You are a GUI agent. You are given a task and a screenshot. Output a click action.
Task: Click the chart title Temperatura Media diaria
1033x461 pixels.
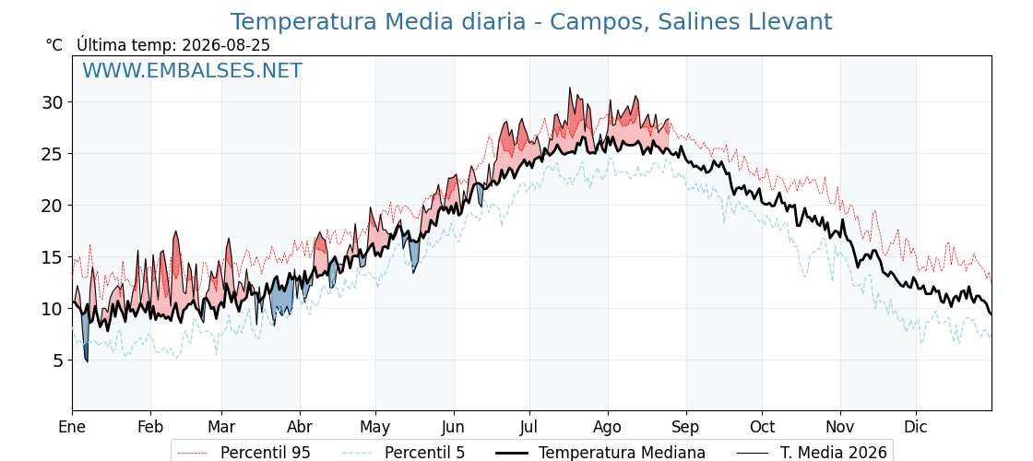point(377,22)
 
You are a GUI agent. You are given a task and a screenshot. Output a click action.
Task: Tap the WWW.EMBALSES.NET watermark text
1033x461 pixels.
point(193,70)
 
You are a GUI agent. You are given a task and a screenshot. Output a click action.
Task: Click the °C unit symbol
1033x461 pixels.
point(54,45)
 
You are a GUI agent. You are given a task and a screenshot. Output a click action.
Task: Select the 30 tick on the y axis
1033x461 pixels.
point(53,102)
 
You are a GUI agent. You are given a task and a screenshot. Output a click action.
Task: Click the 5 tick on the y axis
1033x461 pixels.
point(59,361)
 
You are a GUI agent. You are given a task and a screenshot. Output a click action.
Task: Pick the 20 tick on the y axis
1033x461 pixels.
point(53,206)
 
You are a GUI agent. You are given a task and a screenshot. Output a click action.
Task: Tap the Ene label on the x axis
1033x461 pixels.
point(72,427)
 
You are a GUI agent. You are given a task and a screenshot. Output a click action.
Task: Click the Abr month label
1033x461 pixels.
point(300,427)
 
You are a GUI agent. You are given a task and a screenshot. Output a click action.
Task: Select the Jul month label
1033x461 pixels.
point(529,427)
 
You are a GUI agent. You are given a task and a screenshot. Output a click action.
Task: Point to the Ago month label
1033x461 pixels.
point(608,428)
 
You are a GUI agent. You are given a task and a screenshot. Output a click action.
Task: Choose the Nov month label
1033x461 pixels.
point(840,427)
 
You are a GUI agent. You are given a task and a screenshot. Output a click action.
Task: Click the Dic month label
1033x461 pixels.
point(916,427)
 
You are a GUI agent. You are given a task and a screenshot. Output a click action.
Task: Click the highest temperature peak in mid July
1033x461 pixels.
point(570,89)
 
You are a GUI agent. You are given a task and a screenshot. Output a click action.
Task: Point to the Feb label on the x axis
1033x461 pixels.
point(150,427)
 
